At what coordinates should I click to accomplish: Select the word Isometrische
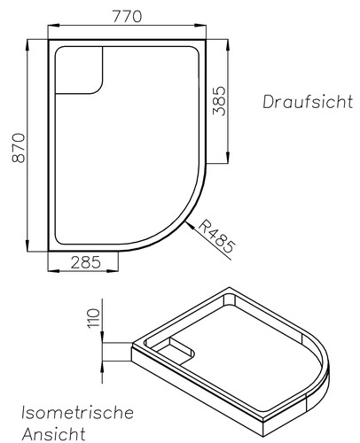pos(78,413)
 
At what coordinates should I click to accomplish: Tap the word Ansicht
pos(55,433)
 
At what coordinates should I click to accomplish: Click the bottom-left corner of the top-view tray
pos(46,250)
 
